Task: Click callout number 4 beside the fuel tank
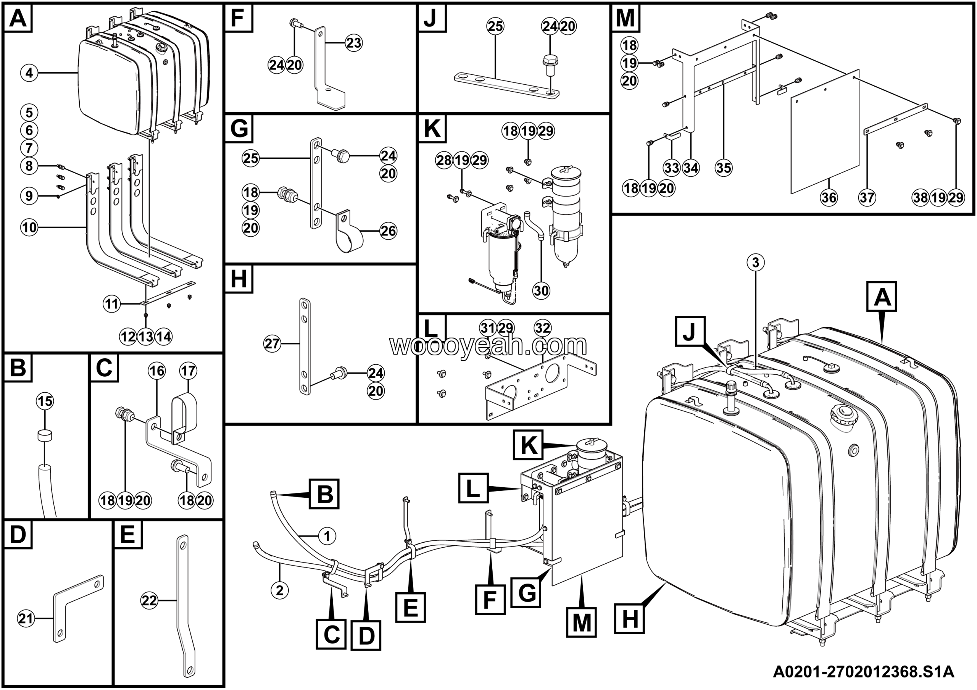point(29,73)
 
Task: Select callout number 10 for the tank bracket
point(29,227)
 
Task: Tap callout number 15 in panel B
point(45,401)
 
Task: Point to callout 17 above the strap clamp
point(188,371)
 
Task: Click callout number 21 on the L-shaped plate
point(26,619)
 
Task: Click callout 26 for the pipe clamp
point(388,231)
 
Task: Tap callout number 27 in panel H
point(272,343)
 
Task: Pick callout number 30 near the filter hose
point(541,290)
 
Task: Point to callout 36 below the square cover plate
point(829,197)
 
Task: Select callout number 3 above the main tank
point(755,263)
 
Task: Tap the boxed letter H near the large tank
point(629,620)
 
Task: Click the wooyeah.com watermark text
point(488,345)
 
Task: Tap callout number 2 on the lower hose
point(280,590)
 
